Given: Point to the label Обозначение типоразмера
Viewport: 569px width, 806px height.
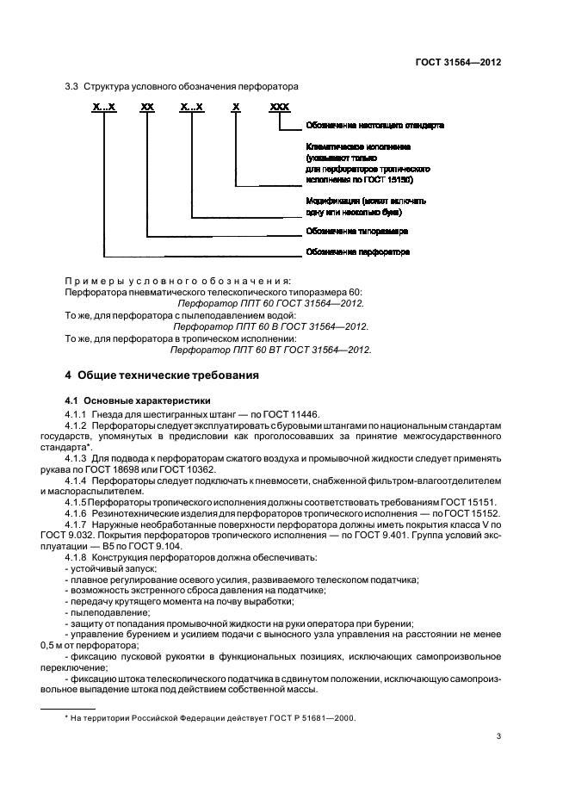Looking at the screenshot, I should pyautogui.click(x=356, y=232).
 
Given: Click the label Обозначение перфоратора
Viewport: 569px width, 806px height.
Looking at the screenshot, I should pyautogui.click(x=357, y=252).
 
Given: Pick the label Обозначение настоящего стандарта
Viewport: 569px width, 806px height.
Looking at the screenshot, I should pyautogui.click(x=374, y=126).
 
